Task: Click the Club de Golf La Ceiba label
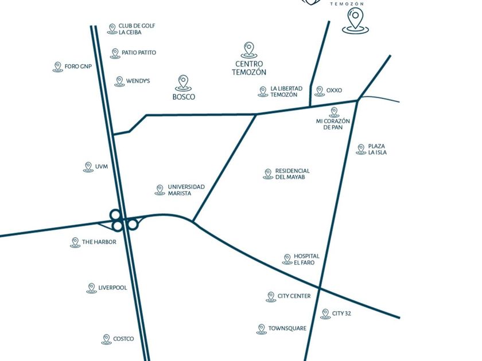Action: (x=137, y=29)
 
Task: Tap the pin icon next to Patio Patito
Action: (x=115, y=53)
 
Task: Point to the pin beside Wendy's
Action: (x=119, y=81)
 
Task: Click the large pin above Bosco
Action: (x=184, y=82)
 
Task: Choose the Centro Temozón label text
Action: (x=249, y=68)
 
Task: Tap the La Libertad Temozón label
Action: (x=286, y=92)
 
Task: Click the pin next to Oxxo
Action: (x=320, y=91)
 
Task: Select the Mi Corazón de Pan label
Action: (x=333, y=124)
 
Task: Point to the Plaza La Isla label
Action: (x=377, y=150)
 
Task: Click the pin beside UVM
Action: (x=88, y=167)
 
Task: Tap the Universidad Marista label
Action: (x=186, y=190)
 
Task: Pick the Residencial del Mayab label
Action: (x=292, y=174)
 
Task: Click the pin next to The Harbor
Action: (x=75, y=242)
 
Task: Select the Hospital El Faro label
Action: (x=306, y=260)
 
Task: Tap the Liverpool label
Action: (x=112, y=288)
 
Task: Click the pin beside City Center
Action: (x=271, y=297)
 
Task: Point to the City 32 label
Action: (x=341, y=313)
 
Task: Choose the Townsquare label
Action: (x=287, y=329)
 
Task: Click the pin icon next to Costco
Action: (x=106, y=339)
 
